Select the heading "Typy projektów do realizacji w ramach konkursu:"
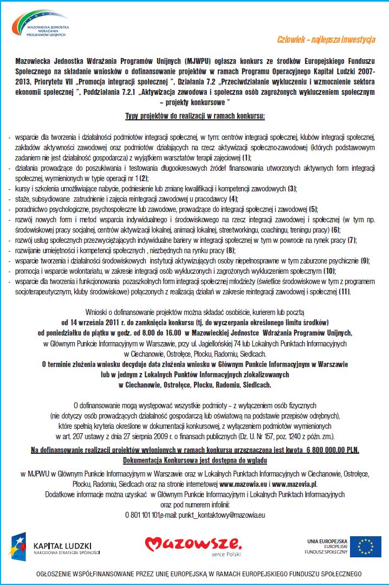point(195,116)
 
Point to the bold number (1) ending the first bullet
point(247,157)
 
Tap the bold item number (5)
point(313,209)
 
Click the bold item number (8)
point(230,250)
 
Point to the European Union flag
point(365,545)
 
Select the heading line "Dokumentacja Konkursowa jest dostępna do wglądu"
point(194,460)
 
